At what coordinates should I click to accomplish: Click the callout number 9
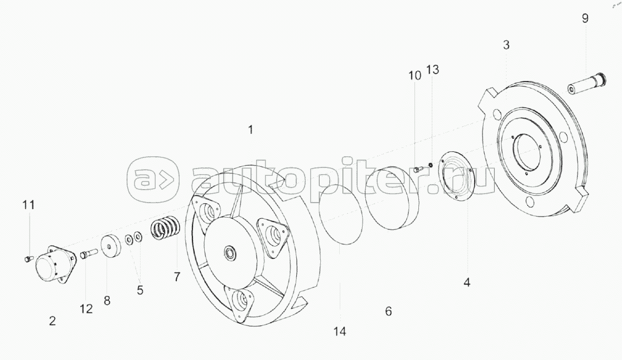pyautogui.click(x=585, y=18)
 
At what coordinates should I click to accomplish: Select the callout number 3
pyautogui.click(x=506, y=45)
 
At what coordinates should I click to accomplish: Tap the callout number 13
pyautogui.click(x=433, y=70)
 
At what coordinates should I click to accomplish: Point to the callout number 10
pyautogui.click(x=415, y=75)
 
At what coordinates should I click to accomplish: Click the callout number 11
pyautogui.click(x=28, y=205)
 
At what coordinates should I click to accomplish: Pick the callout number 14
pyautogui.click(x=340, y=332)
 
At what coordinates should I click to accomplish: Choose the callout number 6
pyautogui.click(x=388, y=311)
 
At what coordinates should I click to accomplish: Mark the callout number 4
pyautogui.click(x=467, y=282)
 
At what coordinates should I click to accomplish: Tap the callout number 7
pyautogui.click(x=177, y=277)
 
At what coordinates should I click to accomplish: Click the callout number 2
pyautogui.click(x=52, y=321)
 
